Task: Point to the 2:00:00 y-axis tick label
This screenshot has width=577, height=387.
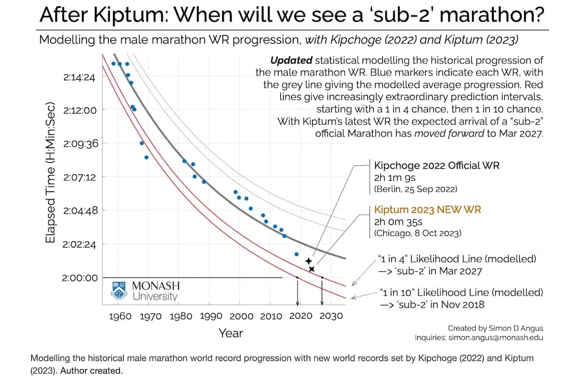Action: click(x=79, y=278)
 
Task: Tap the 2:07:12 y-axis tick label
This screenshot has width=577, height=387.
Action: click(x=79, y=177)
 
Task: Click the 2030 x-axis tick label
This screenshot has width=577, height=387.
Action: click(x=331, y=316)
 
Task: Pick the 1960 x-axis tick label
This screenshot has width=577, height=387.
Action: click(x=120, y=316)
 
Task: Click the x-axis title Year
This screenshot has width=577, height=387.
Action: click(x=231, y=333)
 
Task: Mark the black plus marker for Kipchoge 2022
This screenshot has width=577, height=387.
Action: click(x=309, y=261)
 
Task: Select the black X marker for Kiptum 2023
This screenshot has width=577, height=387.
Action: click(x=312, y=269)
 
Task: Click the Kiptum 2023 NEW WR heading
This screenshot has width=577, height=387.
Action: click(x=427, y=210)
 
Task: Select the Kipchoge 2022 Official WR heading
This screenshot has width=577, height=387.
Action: click(x=437, y=166)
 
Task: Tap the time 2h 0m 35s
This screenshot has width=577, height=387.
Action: click(x=398, y=222)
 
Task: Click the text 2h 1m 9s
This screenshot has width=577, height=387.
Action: click(x=394, y=177)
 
